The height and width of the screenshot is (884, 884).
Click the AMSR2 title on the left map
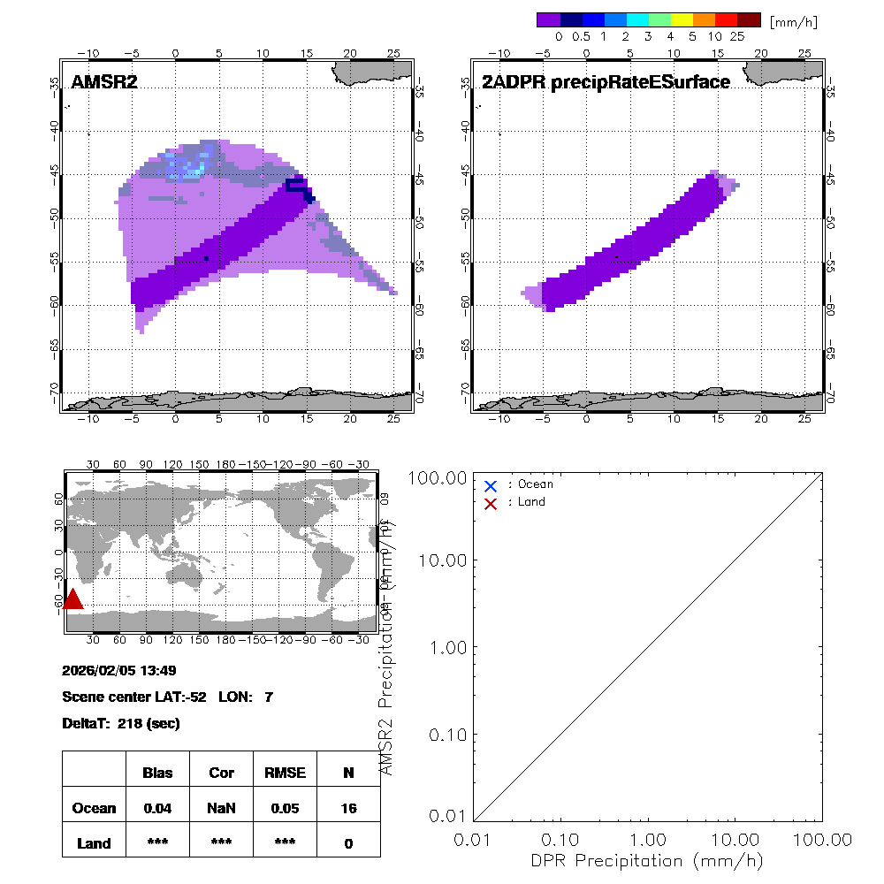[103, 82]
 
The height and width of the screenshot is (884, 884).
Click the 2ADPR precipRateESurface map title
[606, 82]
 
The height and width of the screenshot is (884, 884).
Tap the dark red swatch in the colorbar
[749, 19]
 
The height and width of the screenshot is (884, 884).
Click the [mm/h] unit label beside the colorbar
[793, 20]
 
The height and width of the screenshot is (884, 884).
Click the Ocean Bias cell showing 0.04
[157, 808]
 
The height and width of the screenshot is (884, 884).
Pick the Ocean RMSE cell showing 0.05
[284, 808]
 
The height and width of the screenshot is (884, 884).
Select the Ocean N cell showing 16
[348, 808]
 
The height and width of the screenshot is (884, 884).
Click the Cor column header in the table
[221, 773]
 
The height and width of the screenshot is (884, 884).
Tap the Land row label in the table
[94, 843]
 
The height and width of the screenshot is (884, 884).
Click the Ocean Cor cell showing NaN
[221, 808]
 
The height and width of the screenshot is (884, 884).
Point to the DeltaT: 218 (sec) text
[121, 723]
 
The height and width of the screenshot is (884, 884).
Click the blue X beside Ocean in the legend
[491, 485]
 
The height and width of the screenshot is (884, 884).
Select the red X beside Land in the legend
[491, 503]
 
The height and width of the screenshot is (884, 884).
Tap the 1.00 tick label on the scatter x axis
[648, 839]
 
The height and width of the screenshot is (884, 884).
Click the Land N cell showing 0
[348, 843]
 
